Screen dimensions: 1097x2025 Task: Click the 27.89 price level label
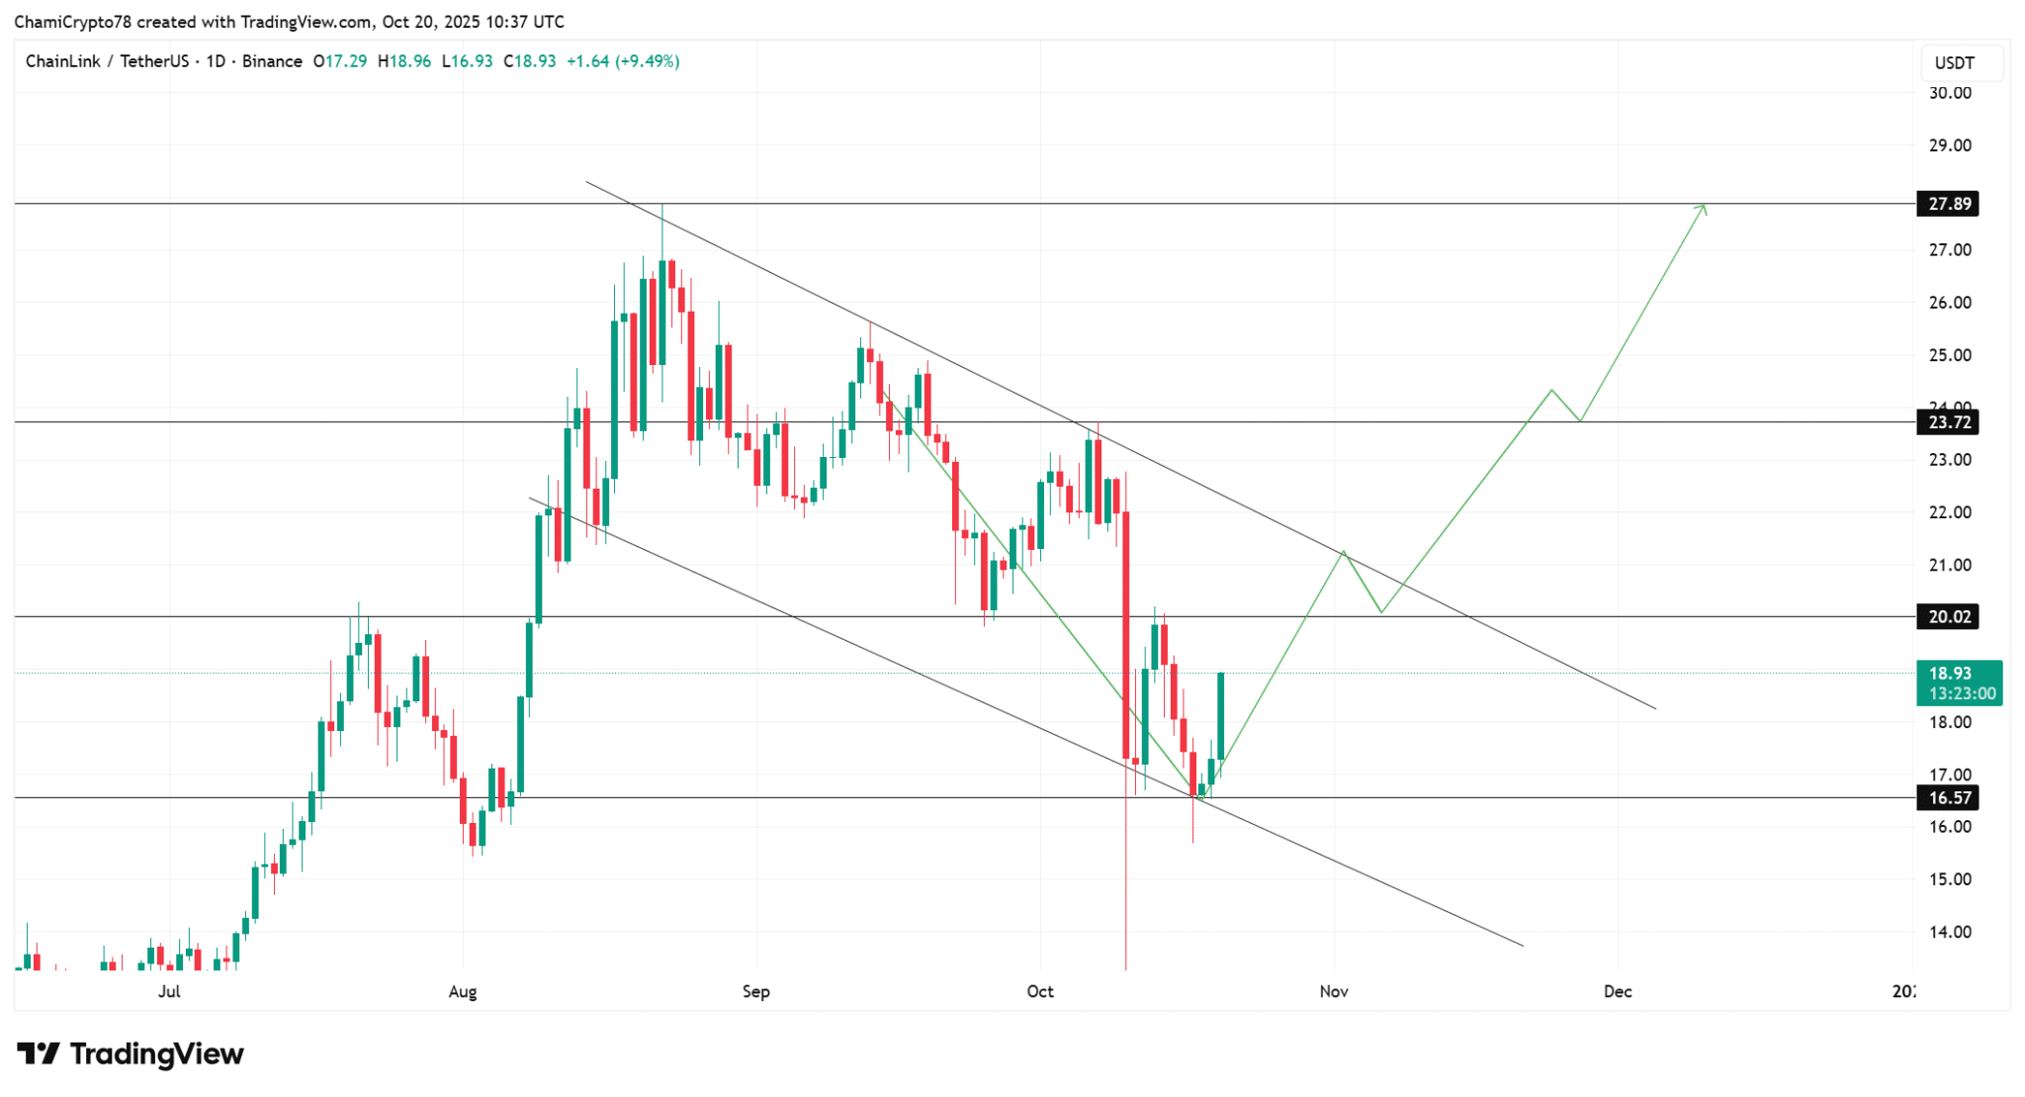[x=1948, y=204]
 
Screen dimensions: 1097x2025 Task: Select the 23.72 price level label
[x=1948, y=422]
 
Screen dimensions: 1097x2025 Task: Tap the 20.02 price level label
[x=1948, y=617]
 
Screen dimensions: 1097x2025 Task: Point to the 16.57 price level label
[x=1948, y=797]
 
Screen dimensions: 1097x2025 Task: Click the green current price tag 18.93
[x=1959, y=683]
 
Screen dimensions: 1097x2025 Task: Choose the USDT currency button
[x=1954, y=63]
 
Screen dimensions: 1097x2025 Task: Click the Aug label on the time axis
[x=463, y=991]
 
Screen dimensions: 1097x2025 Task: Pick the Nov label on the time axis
[x=1334, y=991]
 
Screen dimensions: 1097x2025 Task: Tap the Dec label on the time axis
[x=1618, y=991]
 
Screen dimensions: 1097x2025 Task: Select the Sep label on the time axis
[x=755, y=991]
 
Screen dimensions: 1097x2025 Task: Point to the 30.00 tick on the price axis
[x=1950, y=93]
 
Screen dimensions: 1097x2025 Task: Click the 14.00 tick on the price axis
[x=1950, y=932]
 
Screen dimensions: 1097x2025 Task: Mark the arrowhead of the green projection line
[x=1703, y=207]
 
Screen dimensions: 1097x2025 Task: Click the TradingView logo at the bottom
[x=131, y=1054]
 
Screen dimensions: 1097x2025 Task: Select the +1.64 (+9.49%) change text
[x=623, y=61]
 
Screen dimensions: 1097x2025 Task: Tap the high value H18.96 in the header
[x=404, y=61]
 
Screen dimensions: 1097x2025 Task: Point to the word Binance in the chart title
[x=272, y=61]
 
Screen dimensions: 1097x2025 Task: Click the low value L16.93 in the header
[x=467, y=61]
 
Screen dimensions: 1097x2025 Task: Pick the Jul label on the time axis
[x=169, y=991]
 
